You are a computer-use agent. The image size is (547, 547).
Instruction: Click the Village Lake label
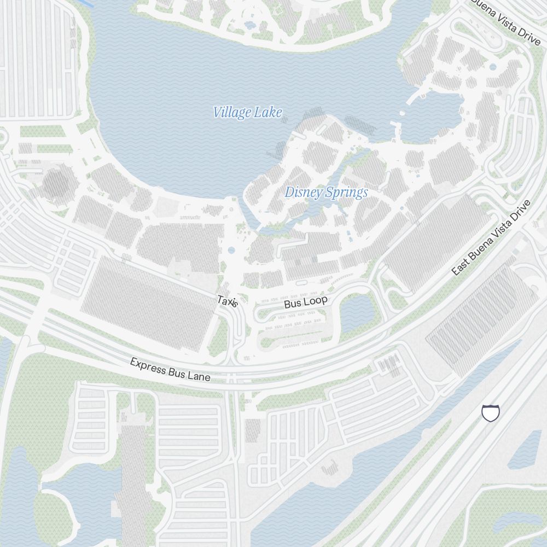pyautogui.click(x=248, y=113)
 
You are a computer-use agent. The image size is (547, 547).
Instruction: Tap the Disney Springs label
pyautogui.click(x=326, y=193)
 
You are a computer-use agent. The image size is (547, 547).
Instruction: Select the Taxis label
pyautogui.click(x=228, y=301)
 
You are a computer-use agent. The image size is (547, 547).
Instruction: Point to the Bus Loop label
pyautogui.click(x=306, y=302)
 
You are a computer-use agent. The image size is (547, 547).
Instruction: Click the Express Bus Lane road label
pyautogui.click(x=170, y=370)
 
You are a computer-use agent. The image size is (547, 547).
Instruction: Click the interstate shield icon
pyautogui.click(x=491, y=413)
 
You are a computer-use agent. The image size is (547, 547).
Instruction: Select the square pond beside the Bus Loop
pyautogui.click(x=357, y=312)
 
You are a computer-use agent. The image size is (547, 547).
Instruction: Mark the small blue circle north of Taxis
pyautogui.click(x=231, y=251)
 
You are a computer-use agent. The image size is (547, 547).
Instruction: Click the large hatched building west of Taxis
pyautogui.click(x=148, y=304)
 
